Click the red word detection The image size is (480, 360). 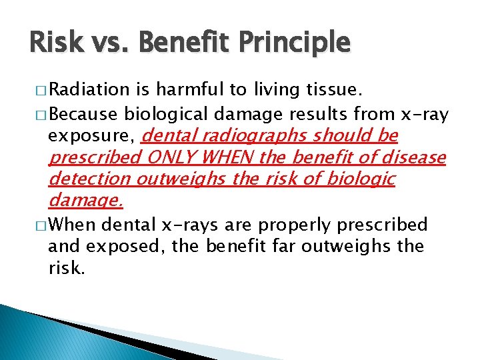coord(89,179)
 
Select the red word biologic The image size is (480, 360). coord(363,179)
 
